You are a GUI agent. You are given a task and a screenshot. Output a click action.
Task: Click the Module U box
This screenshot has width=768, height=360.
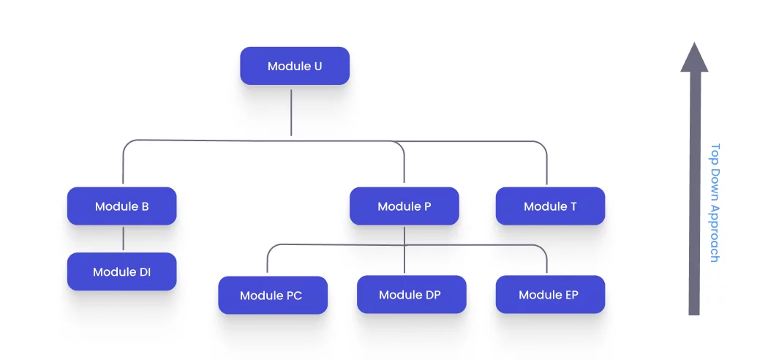[295, 66]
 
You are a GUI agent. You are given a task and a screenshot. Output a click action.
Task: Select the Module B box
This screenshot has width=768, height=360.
[121, 206]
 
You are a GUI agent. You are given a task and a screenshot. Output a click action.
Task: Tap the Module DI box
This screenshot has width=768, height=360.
[121, 272]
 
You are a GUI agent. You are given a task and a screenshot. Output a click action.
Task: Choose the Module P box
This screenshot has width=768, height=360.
[404, 206]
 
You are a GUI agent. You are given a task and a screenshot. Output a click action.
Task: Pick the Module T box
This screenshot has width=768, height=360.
[550, 206]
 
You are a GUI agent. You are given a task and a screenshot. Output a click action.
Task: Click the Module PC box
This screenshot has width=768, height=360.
[272, 296]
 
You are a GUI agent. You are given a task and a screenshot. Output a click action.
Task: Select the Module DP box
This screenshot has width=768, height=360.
[411, 295]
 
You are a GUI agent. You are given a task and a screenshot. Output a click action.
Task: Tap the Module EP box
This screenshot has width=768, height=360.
[550, 295]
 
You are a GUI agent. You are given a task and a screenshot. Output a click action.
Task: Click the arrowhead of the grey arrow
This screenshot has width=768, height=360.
[694, 58]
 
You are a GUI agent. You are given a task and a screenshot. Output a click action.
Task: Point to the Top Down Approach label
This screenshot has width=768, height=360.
[715, 203]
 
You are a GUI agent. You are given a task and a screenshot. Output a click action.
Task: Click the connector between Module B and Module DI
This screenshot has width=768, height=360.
[123, 239]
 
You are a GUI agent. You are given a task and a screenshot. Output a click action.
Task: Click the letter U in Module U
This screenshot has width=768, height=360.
[317, 66]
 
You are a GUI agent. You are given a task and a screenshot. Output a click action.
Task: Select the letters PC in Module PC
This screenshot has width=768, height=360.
[293, 296]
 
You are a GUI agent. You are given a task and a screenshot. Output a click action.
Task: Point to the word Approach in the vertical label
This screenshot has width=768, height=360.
[715, 233]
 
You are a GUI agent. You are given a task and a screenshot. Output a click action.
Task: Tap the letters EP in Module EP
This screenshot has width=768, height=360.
[571, 295]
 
